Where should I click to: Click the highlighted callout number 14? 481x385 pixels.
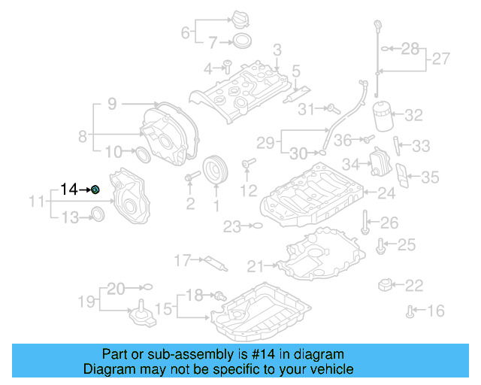coord(69,189)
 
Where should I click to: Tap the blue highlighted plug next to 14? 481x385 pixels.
coord(96,189)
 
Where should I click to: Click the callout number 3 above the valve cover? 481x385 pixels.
coord(277,50)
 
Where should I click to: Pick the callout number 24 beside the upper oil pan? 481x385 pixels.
coord(386,194)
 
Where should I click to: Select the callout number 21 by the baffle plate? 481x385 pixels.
coord(256,265)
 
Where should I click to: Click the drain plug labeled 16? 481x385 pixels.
coord(410,310)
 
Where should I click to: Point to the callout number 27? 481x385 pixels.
coord(440,59)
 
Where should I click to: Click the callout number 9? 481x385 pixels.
coord(111,105)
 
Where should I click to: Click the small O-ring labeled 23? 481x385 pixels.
coord(256,225)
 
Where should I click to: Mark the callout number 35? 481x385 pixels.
coord(429,177)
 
